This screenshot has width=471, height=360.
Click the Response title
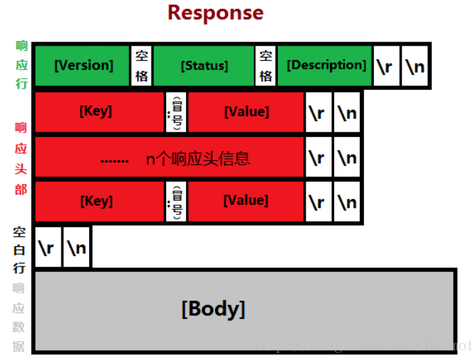[x=215, y=13]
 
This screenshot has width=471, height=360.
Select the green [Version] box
[x=83, y=66]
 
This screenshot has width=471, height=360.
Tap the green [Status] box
[x=204, y=66]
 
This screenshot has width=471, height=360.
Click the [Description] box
[x=325, y=66]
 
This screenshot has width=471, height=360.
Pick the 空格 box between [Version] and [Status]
[x=142, y=66]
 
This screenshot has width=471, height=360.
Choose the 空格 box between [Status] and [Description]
[x=265, y=66]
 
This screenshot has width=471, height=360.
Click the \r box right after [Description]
[x=386, y=66]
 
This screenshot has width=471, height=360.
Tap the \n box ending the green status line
[x=415, y=66]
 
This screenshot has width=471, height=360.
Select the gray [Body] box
[x=245, y=309]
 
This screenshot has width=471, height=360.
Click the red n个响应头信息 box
[x=169, y=158]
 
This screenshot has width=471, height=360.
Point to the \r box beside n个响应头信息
[x=318, y=158]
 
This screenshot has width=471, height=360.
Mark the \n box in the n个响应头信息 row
[x=347, y=158]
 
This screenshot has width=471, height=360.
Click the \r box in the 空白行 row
[x=48, y=247]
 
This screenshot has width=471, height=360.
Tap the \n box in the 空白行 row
[x=77, y=247]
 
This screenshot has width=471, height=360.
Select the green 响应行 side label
[x=22, y=65]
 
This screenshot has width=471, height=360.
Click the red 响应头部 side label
[x=22, y=157]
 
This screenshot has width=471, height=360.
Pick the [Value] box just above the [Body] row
[x=245, y=201]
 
